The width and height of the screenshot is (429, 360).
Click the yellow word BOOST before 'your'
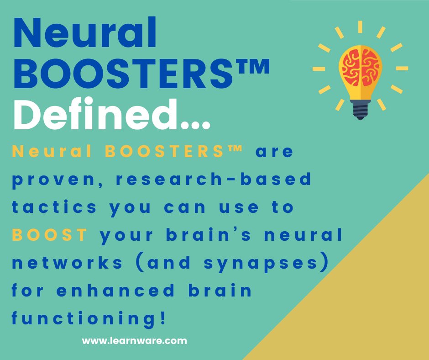pos(49,235)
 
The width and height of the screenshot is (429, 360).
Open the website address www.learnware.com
pos(135,340)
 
